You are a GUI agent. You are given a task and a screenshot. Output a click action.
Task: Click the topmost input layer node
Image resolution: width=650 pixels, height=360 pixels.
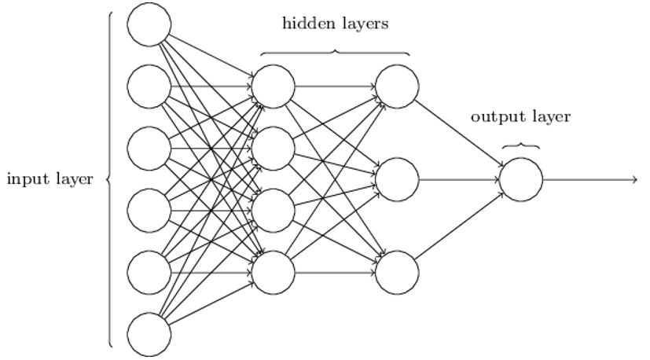pyautogui.click(x=149, y=24)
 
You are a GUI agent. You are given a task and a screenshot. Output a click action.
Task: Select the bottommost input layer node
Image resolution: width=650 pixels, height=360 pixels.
pyautogui.click(x=149, y=335)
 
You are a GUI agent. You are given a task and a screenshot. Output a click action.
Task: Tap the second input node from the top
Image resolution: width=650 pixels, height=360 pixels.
pyautogui.click(x=149, y=86)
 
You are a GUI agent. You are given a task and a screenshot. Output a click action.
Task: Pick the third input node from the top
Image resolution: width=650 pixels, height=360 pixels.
pyautogui.click(x=149, y=149)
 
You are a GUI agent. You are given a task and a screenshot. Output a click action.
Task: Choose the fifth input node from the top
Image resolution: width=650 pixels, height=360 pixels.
pyautogui.click(x=149, y=273)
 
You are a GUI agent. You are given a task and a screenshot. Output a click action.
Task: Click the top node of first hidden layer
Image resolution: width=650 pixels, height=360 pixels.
pyautogui.click(x=274, y=86)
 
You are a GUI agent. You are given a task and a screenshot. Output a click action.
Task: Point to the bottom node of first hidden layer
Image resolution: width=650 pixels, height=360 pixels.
pyautogui.click(x=274, y=273)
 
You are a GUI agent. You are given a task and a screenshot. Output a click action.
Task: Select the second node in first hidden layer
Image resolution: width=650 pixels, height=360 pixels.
pyautogui.click(x=274, y=149)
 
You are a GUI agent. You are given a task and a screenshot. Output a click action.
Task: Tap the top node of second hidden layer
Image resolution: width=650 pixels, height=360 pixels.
pyautogui.click(x=397, y=86)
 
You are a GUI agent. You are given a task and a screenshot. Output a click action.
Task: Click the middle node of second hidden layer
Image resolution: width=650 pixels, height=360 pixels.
pyautogui.click(x=397, y=179)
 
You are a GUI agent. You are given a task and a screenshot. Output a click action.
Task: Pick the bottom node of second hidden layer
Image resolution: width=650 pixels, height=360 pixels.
pyautogui.click(x=397, y=273)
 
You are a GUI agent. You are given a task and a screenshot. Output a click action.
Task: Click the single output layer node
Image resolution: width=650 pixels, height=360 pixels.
pyautogui.click(x=521, y=179)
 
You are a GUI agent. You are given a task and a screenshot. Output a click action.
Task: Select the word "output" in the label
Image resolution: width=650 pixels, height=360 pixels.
pyautogui.click(x=494, y=117)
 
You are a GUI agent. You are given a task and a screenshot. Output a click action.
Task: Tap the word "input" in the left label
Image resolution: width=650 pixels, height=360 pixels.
pyautogui.click(x=25, y=180)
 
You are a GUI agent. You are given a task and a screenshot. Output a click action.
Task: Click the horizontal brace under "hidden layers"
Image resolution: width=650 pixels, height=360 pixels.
pyautogui.click(x=336, y=53)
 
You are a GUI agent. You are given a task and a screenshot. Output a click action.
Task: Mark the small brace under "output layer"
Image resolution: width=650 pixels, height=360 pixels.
pyautogui.click(x=521, y=145)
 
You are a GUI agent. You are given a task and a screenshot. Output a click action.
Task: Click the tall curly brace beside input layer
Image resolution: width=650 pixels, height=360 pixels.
pyautogui.click(x=110, y=179)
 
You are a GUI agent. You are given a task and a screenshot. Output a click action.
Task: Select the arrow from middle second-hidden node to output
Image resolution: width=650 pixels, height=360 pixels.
pyautogui.click(x=460, y=179)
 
